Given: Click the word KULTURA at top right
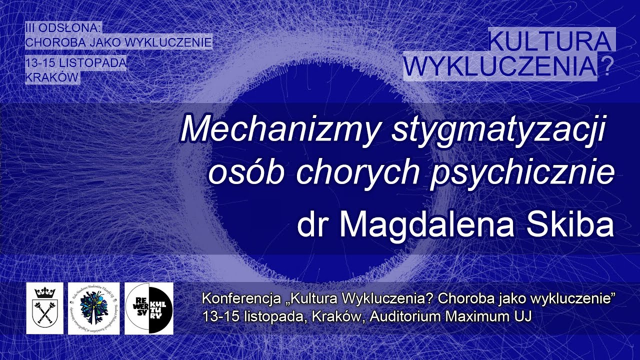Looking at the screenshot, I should [x=549, y=41].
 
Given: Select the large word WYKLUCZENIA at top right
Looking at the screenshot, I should [x=500, y=66].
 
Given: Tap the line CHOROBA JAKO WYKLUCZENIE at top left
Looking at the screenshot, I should [x=118, y=42].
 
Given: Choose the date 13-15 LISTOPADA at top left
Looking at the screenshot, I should [x=75, y=63].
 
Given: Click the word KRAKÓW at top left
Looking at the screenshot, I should [x=52, y=77].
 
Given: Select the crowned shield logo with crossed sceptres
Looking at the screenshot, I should [x=45, y=308].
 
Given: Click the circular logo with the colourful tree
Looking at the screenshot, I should [x=94, y=308].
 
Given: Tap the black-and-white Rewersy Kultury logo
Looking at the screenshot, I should [x=148, y=308].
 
